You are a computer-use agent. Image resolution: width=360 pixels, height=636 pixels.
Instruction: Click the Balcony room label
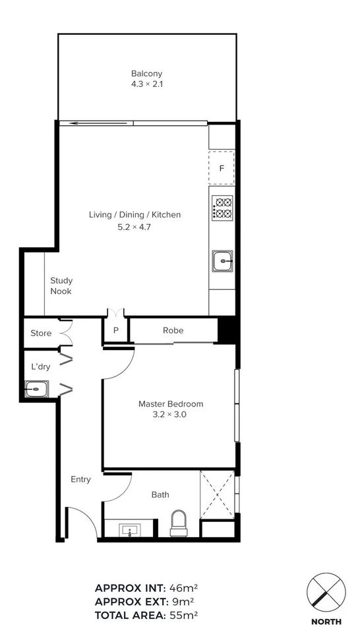tap(146, 74)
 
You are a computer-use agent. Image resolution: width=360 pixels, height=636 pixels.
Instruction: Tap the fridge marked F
tap(222, 168)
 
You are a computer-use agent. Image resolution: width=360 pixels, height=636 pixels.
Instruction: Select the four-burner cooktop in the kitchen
tap(222, 208)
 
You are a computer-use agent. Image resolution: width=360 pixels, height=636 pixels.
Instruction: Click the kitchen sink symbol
tap(222, 261)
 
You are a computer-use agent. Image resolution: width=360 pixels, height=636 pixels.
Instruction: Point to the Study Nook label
tap(61, 286)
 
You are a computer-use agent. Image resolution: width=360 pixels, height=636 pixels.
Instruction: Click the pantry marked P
tap(115, 331)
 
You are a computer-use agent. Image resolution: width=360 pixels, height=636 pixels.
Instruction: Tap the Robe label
tap(173, 330)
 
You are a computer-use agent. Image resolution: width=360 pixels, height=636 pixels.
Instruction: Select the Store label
tap(41, 333)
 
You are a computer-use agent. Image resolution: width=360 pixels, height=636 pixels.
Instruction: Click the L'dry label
tap(41, 366)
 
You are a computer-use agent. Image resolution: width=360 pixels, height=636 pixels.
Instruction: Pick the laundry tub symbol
tap(36, 390)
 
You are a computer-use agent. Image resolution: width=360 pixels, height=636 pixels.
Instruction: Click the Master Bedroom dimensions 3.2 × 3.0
tap(170, 415)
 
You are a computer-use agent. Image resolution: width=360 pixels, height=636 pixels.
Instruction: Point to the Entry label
tap(80, 479)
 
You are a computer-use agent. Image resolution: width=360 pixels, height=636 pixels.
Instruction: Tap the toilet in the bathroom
tap(178, 524)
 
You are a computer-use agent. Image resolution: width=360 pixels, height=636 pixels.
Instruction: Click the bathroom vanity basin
tap(129, 529)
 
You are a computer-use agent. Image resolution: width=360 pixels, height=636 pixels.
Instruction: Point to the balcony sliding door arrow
tap(96, 123)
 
